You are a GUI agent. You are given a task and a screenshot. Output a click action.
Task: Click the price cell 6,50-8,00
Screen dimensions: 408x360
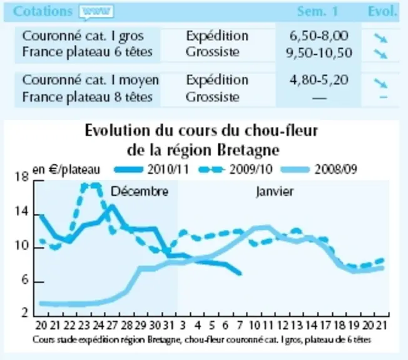point(319,36)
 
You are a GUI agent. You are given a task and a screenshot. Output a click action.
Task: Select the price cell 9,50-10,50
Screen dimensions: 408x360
point(319,52)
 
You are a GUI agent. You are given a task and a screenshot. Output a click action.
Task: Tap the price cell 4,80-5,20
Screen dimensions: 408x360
point(319,80)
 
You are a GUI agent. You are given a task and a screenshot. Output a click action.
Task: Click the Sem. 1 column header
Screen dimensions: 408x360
point(317,11)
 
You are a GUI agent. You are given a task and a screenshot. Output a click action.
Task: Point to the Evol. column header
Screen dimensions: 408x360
point(382,11)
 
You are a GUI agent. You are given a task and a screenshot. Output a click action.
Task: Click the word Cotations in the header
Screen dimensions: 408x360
point(43,11)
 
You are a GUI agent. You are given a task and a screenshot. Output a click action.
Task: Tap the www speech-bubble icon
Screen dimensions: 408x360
point(96,12)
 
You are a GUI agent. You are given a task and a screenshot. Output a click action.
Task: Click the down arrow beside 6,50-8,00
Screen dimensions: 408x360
point(380,38)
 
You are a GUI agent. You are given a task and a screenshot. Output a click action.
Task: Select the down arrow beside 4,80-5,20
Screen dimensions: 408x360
point(380,83)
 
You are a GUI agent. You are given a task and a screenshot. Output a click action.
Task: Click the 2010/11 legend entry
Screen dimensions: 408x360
point(151,169)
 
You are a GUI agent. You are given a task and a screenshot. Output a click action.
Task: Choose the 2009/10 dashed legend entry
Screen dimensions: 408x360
point(236,169)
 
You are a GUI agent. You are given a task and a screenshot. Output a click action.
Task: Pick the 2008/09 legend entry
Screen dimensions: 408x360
point(319,169)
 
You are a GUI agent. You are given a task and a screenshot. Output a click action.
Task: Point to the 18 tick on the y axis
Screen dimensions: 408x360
point(22,177)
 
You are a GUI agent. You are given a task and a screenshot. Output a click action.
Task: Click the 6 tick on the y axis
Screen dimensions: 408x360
point(25,279)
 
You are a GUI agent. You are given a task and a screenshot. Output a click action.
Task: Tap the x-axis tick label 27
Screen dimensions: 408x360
point(112,326)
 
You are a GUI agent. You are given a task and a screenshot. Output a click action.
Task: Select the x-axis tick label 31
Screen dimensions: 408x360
point(168,326)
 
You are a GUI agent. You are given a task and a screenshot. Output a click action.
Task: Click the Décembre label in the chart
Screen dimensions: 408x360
point(140,192)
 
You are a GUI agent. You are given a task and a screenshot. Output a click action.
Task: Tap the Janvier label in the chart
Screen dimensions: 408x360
point(275,192)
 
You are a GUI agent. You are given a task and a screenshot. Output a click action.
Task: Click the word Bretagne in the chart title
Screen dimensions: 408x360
point(248,150)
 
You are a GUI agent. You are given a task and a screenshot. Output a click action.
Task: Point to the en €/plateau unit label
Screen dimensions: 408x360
point(66,169)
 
